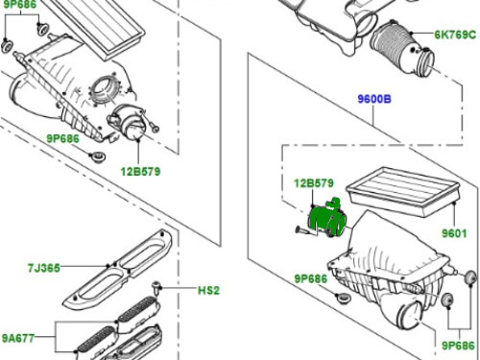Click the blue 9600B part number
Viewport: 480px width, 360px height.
tap(374, 99)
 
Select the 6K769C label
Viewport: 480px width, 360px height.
tap(455, 35)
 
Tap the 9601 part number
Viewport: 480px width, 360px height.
tap(454, 233)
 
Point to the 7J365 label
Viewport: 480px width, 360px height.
tap(44, 268)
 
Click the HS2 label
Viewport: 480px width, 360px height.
tap(208, 291)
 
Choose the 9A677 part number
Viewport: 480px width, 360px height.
tap(18, 338)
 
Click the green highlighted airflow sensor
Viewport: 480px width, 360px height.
tap(327, 218)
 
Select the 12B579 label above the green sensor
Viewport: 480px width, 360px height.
tap(314, 183)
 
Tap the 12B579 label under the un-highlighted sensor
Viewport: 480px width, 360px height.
tap(140, 172)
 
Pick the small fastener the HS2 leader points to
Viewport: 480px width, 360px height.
tap(156, 287)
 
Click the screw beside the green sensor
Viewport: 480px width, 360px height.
tap(301, 229)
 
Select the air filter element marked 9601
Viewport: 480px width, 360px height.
tap(403, 191)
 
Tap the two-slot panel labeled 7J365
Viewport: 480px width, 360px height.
tap(118, 271)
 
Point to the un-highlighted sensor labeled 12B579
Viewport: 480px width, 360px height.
tap(128, 122)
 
